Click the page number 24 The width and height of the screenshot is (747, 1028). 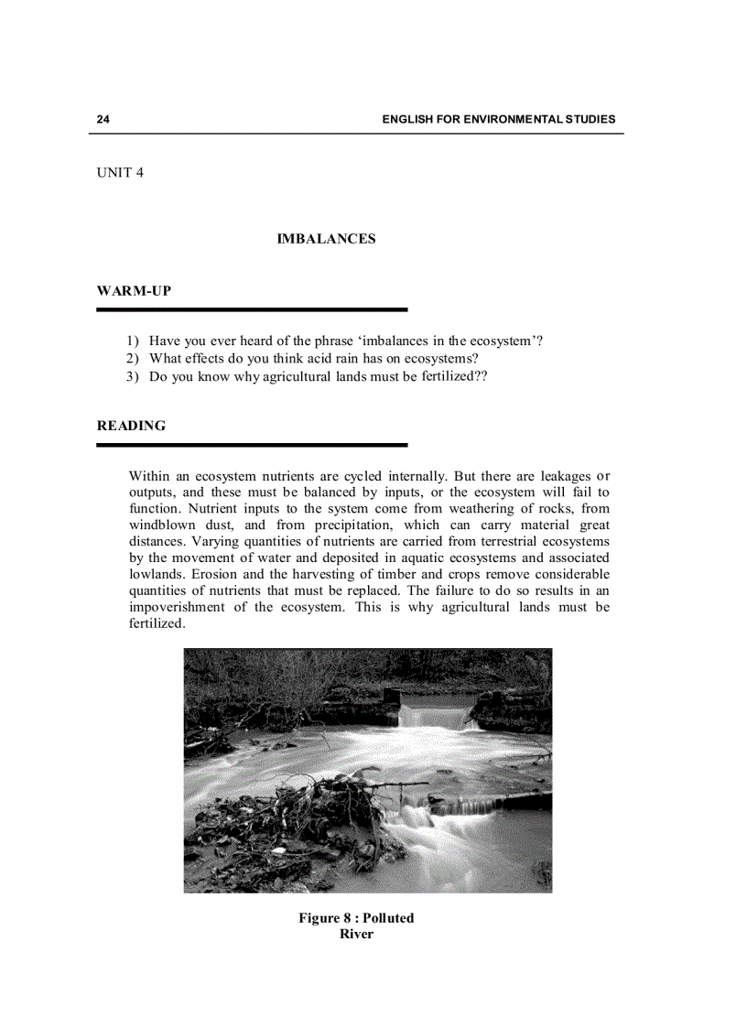103,120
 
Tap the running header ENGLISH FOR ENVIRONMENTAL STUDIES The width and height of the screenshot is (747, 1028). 498,120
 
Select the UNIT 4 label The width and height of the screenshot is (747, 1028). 120,173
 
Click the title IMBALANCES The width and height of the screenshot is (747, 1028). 326,239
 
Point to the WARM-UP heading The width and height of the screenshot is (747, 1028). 134,291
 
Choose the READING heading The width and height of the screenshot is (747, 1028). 131,426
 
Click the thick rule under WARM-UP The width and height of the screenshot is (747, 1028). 252,310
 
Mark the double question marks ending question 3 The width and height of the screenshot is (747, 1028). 481,376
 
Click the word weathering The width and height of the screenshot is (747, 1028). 483,509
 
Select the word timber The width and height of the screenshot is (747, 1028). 390,575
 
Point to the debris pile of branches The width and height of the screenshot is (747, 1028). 302,810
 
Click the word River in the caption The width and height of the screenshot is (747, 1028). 356,935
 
